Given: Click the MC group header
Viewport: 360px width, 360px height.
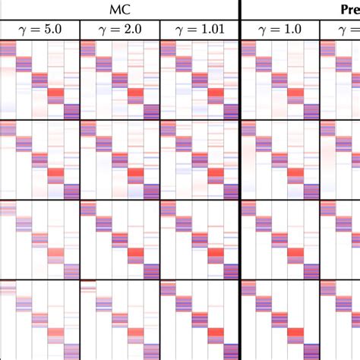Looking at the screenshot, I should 119,9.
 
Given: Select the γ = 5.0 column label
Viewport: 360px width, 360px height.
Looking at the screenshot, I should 39,29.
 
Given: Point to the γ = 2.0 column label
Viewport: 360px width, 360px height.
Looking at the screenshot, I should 119,29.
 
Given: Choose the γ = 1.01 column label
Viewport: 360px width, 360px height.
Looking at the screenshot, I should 200,29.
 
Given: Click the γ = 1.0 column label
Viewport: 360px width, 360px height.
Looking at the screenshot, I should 279,29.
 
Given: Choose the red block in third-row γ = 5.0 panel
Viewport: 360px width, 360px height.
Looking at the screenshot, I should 56,254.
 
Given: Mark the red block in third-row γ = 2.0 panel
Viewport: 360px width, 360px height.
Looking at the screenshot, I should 135,254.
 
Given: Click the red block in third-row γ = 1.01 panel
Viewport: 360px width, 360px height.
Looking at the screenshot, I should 216,254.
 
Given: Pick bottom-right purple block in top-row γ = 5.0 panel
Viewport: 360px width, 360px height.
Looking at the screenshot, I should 72,111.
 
